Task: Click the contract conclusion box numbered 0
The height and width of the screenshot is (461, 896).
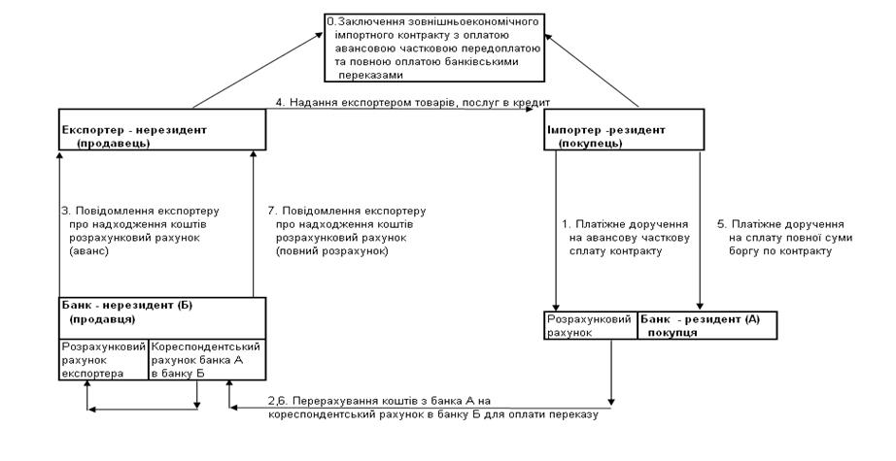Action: coord(433,48)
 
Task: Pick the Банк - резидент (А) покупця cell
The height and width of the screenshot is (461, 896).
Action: coord(706,325)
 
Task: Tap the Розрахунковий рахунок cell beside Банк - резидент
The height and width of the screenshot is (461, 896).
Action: coord(589,325)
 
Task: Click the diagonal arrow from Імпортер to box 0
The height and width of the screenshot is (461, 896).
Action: coord(594,67)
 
